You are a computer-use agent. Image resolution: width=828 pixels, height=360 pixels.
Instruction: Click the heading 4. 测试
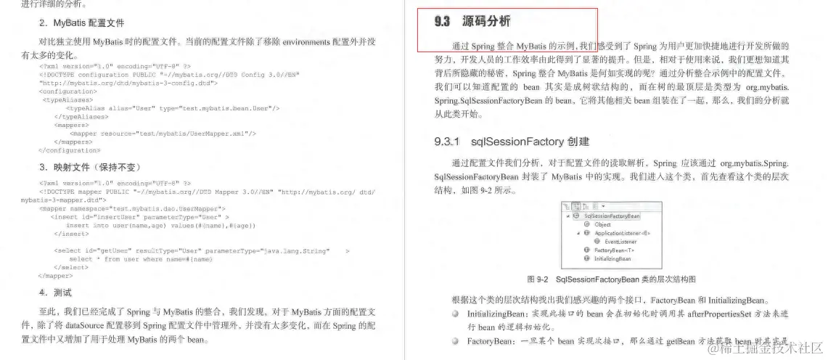tap(56, 293)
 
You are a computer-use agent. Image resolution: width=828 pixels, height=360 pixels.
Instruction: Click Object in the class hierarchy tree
tap(602, 224)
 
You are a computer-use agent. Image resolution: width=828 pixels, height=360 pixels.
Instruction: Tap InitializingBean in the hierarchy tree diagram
tap(612, 258)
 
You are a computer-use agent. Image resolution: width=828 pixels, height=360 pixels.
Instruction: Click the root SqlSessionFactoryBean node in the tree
tap(612, 216)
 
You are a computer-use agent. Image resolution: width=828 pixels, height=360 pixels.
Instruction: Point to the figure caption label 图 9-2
tap(537, 279)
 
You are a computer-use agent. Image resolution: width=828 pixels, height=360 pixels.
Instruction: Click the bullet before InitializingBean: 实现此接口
tap(454, 314)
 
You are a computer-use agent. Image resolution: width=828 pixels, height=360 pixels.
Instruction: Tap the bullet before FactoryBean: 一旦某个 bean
tap(454, 340)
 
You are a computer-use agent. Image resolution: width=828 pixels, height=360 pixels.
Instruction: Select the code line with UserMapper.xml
tap(163, 134)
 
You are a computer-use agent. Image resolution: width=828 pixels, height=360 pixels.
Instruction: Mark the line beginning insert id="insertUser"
tap(139, 216)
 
